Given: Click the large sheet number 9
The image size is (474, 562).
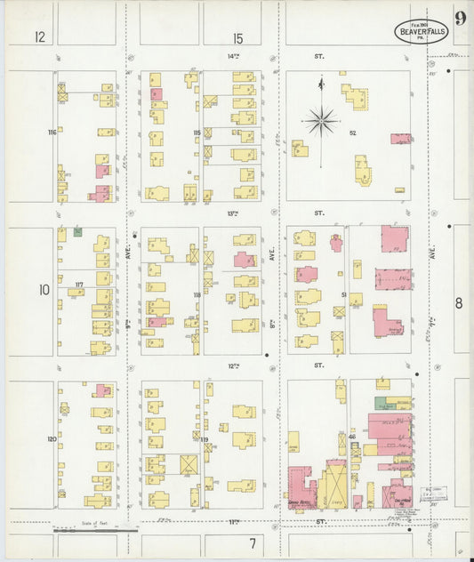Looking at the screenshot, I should pos(460,19).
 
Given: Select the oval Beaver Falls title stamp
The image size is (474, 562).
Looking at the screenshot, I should pos(422,31).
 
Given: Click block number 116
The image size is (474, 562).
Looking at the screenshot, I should pos(52,132).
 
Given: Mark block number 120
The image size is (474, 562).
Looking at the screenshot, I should pos(52,439).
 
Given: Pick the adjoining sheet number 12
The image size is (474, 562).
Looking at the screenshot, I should pos(40,37).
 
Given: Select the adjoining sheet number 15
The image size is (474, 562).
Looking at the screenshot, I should pos(237,37).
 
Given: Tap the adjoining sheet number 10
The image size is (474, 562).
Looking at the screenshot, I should pos(44,290).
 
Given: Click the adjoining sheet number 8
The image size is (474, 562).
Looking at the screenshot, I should pos(459,303).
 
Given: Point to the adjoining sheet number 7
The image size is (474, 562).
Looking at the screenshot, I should pos(253,542).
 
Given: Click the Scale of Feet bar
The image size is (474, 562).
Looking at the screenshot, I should pos(98,531).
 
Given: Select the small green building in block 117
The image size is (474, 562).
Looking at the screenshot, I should pos(77,232).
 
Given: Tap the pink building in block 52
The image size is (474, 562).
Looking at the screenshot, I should pos(400,139).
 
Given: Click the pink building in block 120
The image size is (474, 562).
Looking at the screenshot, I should pos(104,389).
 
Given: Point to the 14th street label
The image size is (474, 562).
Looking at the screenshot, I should pos(234,56).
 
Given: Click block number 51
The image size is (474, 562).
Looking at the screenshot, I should pos(341,294).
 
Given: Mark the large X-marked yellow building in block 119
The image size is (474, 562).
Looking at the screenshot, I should pos(189,466).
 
